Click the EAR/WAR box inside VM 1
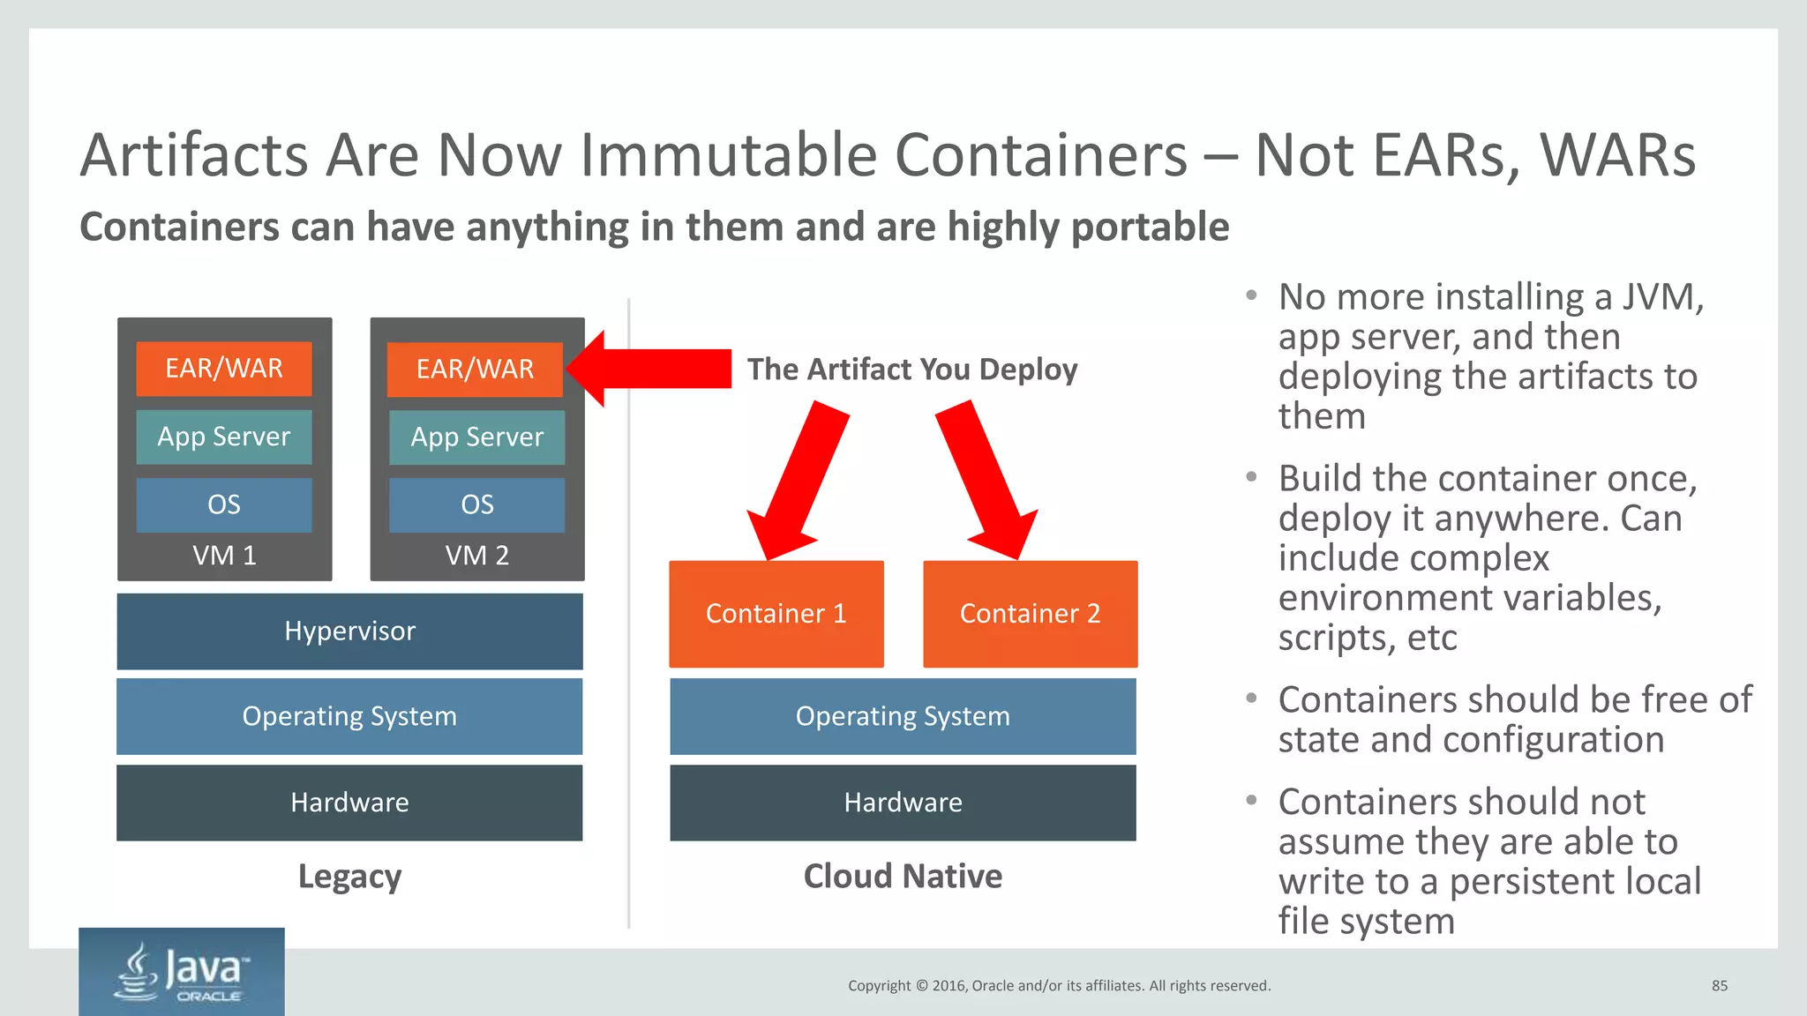tap(224, 369)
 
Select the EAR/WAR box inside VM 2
tap(475, 370)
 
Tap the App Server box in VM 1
tap(224, 437)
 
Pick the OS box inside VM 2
tap(476, 504)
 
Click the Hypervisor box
tap(349, 631)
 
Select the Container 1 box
tap(776, 614)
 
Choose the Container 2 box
tap(1030, 614)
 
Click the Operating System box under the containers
tap(903, 716)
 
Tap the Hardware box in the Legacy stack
tap(349, 803)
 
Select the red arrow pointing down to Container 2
tap(986, 482)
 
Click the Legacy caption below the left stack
tap(349, 877)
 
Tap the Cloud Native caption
tap(903, 877)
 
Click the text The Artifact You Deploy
tap(912, 370)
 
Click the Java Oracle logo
tap(182, 972)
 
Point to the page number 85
tap(1719, 986)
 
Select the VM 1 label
tap(224, 556)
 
